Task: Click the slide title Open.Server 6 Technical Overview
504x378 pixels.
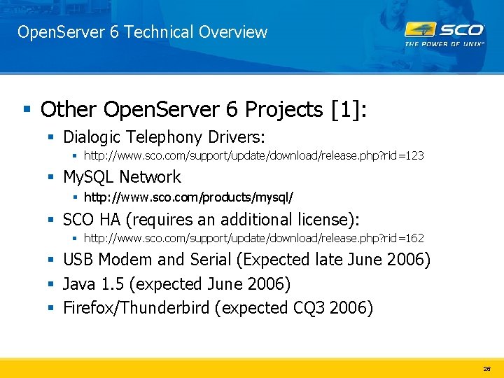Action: point(142,32)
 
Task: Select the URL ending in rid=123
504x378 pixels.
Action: point(254,155)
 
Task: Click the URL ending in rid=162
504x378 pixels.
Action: point(254,238)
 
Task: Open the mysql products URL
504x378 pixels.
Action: point(188,197)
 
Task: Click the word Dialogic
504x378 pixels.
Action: point(91,136)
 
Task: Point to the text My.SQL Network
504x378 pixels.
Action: point(122,177)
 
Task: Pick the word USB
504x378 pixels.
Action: point(78,260)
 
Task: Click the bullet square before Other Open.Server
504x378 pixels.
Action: point(27,109)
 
